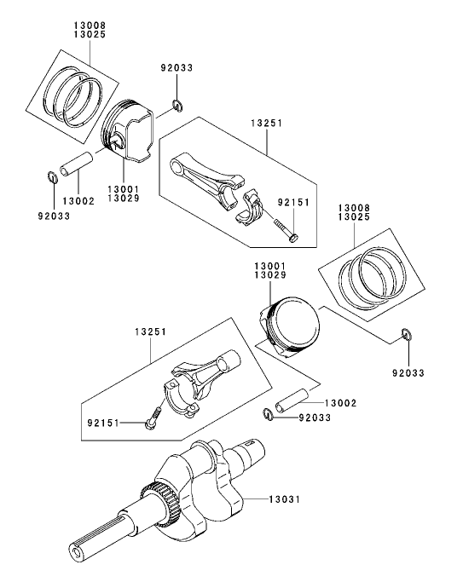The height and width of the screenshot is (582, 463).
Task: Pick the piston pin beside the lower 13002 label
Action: [291, 400]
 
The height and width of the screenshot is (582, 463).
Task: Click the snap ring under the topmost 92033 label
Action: [177, 106]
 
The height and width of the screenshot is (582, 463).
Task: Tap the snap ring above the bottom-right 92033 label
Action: [406, 334]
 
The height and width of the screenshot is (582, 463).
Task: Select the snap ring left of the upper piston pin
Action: [52, 178]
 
